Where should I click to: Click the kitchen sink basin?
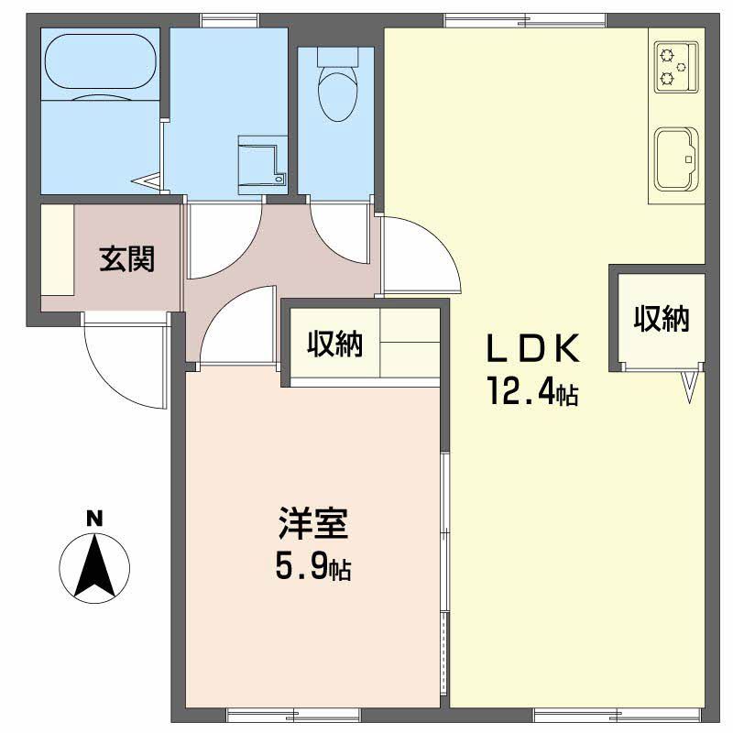(676, 159)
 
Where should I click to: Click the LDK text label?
(533, 349)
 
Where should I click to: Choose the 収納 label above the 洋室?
(334, 345)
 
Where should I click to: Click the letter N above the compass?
(94, 520)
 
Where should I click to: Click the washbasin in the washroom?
(262, 165)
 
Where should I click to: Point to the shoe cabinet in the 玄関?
(58, 250)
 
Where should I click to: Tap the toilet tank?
(337, 57)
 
